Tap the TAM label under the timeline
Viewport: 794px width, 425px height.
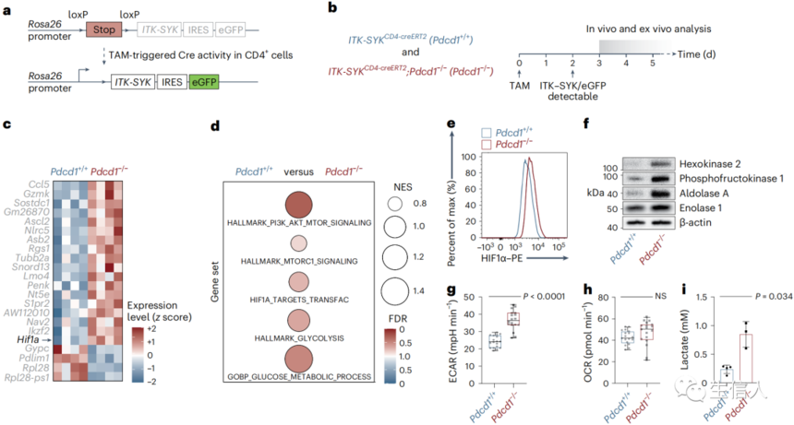(520, 83)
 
